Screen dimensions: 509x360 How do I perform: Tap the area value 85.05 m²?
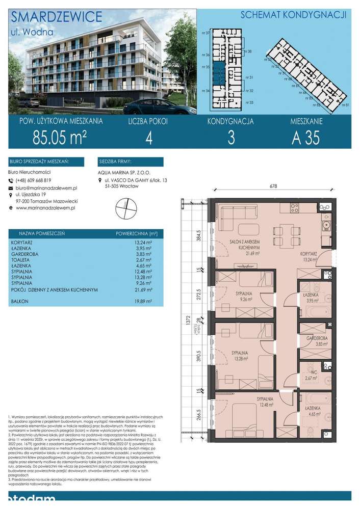(59, 138)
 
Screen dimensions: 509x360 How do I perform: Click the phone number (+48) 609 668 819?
(33, 180)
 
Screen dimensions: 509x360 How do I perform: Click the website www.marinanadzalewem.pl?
(42, 208)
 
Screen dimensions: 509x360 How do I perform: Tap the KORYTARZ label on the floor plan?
(309, 253)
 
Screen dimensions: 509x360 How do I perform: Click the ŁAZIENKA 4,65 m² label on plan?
(312, 412)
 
